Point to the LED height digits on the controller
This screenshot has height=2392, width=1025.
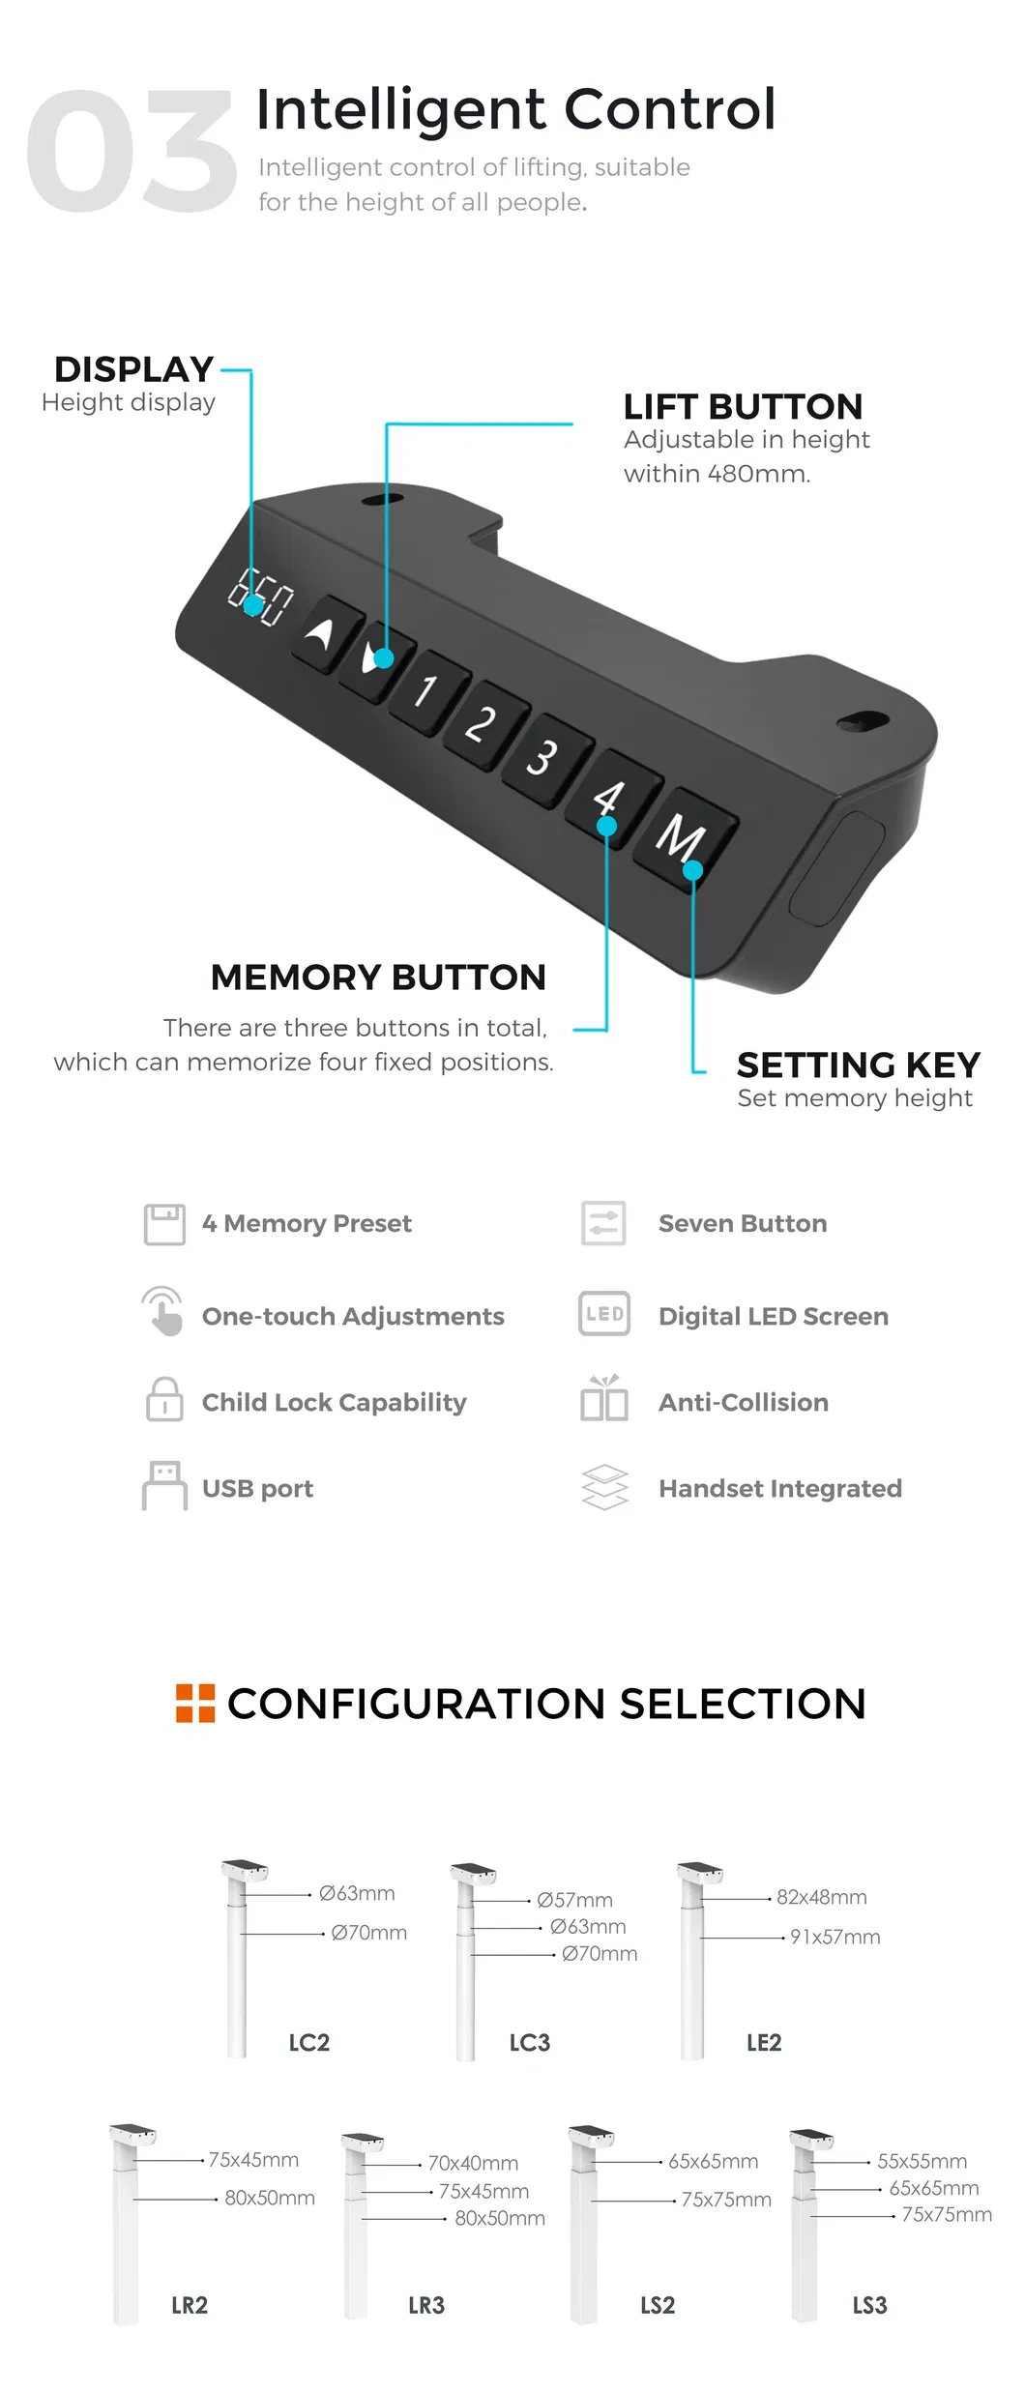click(260, 597)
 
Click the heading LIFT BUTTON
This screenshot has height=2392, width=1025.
click(742, 406)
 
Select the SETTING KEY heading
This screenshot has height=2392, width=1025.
click(858, 1065)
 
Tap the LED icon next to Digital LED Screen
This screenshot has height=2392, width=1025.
click(604, 1314)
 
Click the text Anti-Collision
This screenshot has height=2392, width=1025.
click(743, 1402)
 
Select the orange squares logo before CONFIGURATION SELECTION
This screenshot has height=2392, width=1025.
click(195, 1703)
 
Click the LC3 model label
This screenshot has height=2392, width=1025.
click(529, 2042)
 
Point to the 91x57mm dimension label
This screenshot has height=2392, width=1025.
click(835, 1937)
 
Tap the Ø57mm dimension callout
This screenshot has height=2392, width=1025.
click(574, 1900)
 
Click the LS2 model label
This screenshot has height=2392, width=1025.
click(658, 2305)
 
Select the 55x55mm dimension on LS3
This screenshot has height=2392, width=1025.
click(922, 2161)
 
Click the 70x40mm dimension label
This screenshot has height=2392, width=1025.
click(473, 2163)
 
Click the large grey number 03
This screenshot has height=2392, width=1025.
click(131, 152)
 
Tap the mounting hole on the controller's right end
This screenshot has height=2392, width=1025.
click(862, 721)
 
